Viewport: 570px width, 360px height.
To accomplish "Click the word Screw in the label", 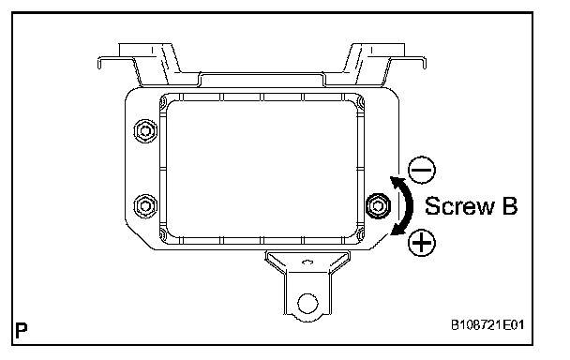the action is click(459, 206).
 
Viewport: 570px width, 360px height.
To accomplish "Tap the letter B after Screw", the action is click(510, 206).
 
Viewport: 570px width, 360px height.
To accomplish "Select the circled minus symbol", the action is click(422, 170).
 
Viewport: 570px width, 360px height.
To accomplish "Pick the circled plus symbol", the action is click(422, 243).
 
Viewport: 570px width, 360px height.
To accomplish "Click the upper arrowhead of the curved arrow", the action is click(395, 180).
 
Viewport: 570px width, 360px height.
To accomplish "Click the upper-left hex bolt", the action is click(145, 131).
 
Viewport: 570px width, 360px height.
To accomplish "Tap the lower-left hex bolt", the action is click(145, 206).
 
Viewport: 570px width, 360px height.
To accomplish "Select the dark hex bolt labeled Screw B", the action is click(378, 206).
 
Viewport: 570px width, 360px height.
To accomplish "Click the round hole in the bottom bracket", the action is click(307, 303).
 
